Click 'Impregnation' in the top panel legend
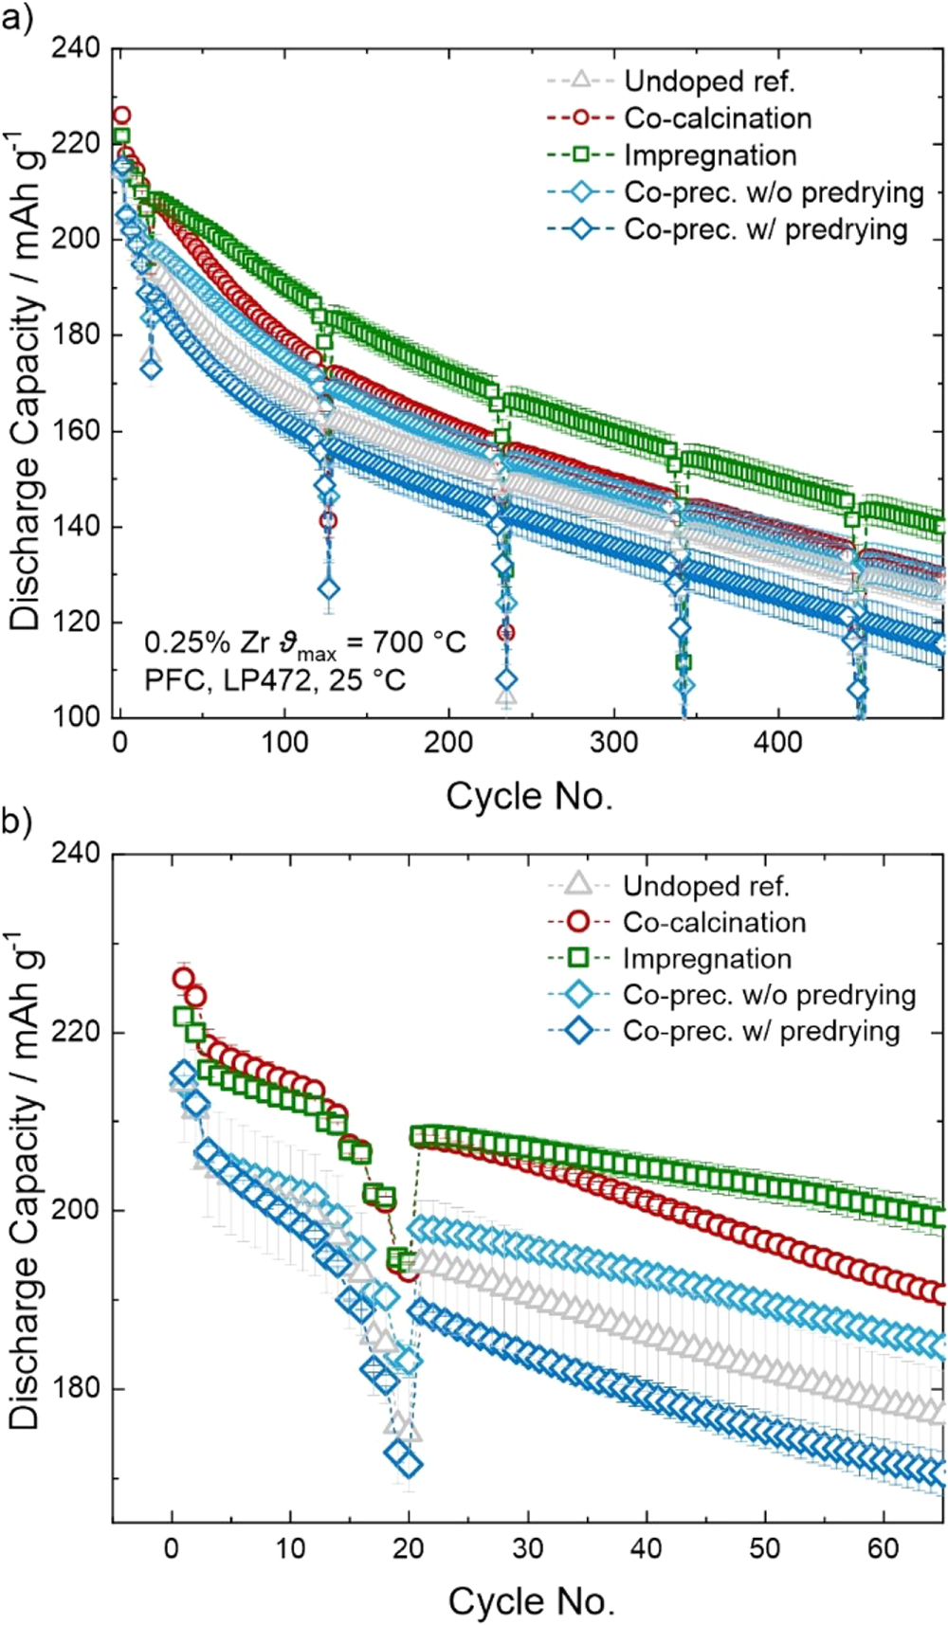(710, 155)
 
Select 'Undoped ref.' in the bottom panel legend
(705, 886)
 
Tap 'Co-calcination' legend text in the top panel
(718, 118)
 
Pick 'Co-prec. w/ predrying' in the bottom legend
(760, 1030)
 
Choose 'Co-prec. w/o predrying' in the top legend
(774, 192)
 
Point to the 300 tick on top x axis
(613, 742)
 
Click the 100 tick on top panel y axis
(79, 717)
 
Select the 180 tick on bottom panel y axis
(79, 1388)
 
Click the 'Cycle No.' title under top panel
(529, 795)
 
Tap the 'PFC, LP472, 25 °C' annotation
(275, 679)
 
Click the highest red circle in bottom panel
(183, 979)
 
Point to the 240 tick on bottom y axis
(79, 853)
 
